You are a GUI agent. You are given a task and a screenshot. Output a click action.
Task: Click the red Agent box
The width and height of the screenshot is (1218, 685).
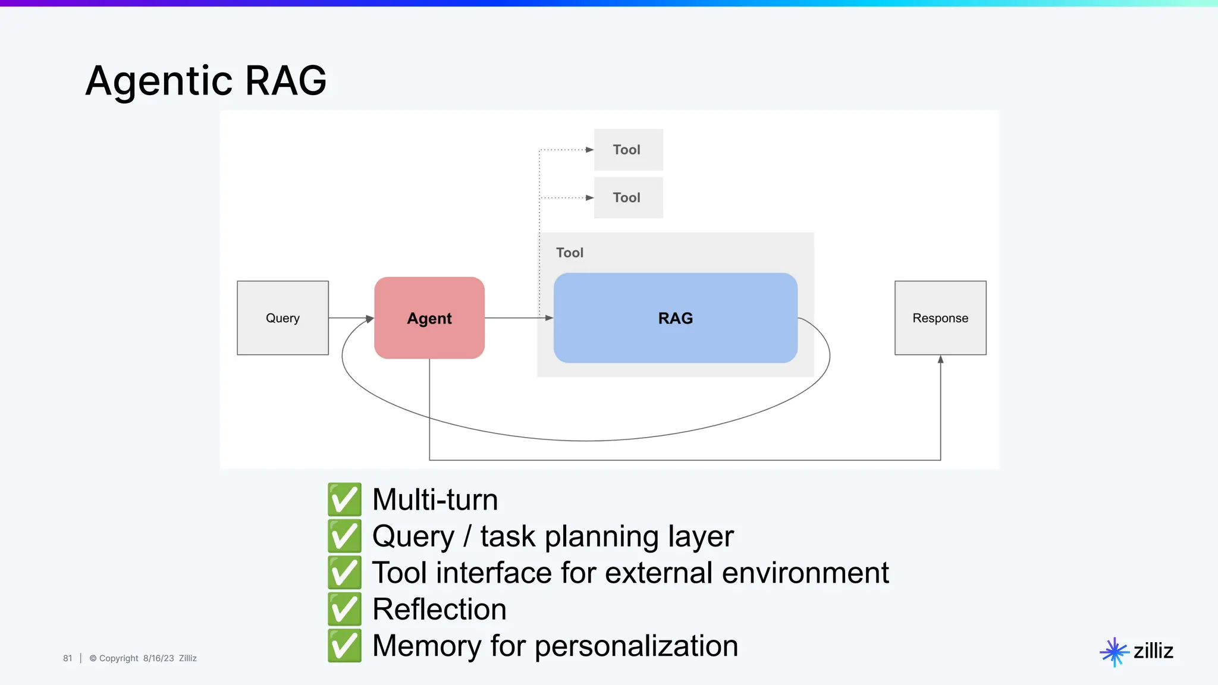(429, 318)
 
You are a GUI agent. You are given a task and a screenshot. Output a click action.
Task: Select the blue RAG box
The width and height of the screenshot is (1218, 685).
(675, 318)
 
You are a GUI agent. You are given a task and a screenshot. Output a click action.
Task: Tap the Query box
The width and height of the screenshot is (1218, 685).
(282, 318)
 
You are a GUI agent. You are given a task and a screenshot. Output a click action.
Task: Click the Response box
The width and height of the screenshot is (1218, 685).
(940, 318)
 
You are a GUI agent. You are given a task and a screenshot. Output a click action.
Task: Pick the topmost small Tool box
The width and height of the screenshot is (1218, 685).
(628, 150)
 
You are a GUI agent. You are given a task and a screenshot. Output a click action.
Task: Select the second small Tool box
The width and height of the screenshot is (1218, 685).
(628, 197)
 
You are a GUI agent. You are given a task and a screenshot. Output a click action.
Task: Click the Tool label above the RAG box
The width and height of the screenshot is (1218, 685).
(569, 253)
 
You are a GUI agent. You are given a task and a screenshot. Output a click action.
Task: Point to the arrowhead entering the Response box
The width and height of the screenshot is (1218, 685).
(940, 359)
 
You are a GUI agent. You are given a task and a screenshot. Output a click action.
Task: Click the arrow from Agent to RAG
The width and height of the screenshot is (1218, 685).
(517, 318)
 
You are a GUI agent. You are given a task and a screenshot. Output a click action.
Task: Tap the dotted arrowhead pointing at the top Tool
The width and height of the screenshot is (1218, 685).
(589, 150)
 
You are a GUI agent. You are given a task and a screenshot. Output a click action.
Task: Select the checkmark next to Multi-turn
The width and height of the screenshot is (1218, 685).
(344, 499)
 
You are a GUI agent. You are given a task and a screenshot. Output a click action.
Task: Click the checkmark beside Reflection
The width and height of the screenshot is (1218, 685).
(344, 609)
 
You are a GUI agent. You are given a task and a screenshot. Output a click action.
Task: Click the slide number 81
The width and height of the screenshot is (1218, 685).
(67, 658)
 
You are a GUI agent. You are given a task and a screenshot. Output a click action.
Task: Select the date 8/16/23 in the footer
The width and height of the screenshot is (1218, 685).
(158, 658)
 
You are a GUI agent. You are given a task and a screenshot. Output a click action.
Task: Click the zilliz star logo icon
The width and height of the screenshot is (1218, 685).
(1114, 652)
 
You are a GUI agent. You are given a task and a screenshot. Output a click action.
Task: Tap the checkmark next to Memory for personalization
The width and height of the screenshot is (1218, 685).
(344, 646)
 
